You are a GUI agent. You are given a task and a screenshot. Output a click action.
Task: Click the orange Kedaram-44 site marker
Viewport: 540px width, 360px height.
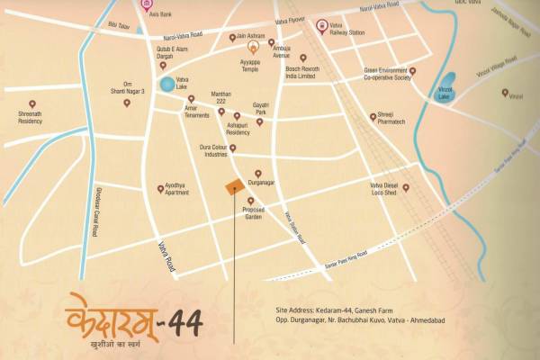pos(233,187)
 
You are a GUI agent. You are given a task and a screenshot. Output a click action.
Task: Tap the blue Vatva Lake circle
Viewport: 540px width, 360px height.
pos(167,85)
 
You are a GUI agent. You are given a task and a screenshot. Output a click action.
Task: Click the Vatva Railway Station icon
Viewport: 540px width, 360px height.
pos(322,26)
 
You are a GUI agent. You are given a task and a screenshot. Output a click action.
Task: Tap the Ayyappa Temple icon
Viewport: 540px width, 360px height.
pos(253,45)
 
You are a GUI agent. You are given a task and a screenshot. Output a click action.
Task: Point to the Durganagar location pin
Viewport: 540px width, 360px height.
pos(258,173)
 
